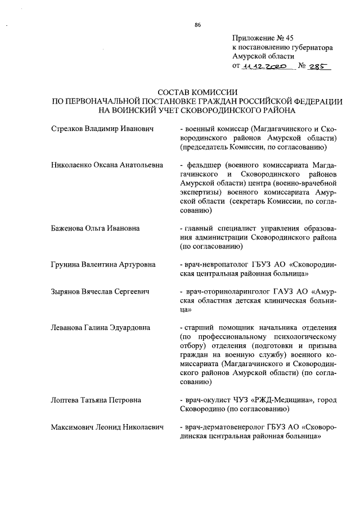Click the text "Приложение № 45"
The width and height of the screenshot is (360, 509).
[263, 38]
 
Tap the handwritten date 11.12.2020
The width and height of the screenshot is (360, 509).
[264, 66]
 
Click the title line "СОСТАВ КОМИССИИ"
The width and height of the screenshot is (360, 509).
[197, 92]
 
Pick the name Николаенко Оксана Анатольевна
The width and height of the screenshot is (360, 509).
[107, 166]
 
